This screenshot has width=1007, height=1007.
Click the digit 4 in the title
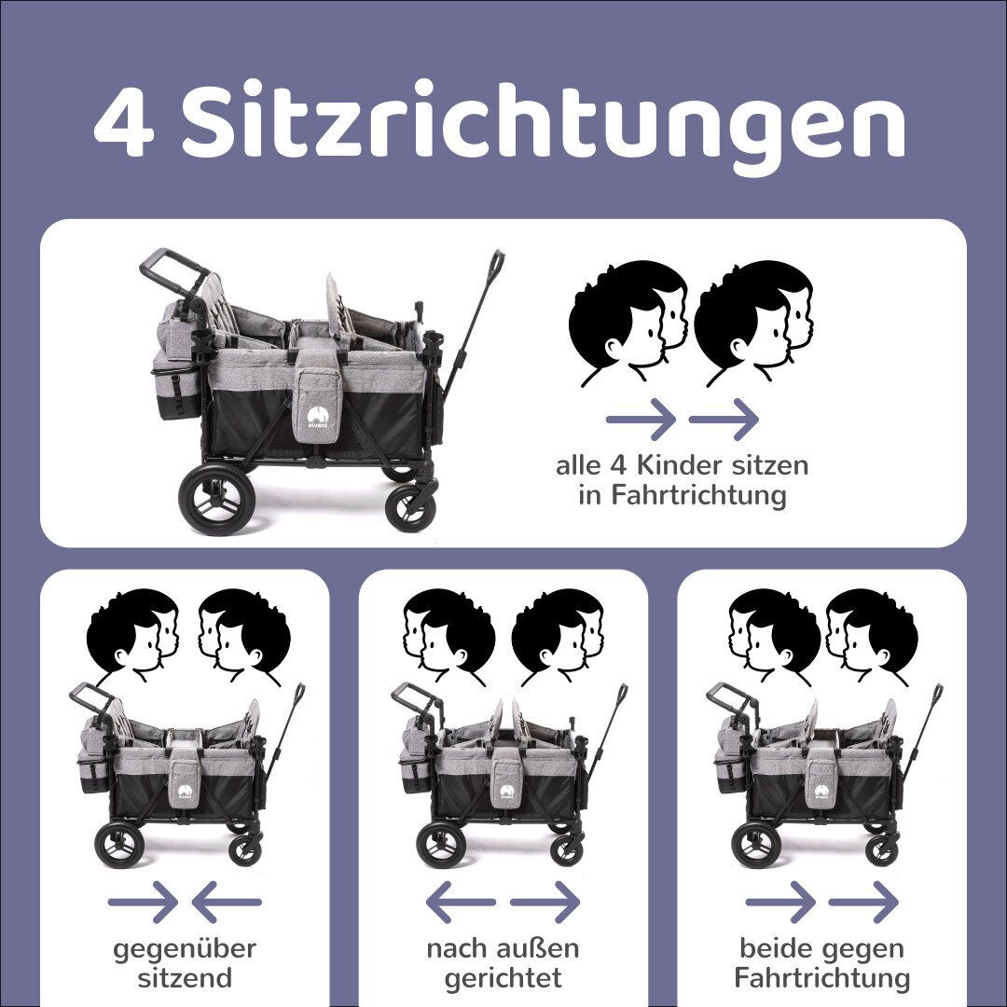pyautogui.click(x=124, y=125)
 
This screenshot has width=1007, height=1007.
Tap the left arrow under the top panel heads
pyautogui.click(x=641, y=420)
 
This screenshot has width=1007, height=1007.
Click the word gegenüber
pyautogui.click(x=185, y=949)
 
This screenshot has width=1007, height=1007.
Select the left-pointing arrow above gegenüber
pyautogui.click(x=227, y=902)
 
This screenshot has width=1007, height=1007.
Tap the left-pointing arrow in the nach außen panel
pyautogui.click(x=460, y=902)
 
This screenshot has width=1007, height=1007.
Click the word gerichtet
pyautogui.click(x=503, y=978)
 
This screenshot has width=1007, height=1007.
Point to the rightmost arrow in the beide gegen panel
pyautogui.click(x=862, y=902)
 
